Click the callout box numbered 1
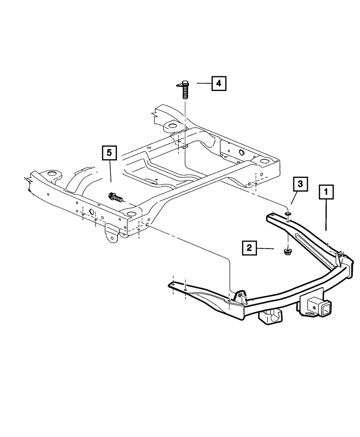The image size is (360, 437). pos(326,192)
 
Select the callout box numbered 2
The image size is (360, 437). pos(249,248)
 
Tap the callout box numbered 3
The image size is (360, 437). pos(300,185)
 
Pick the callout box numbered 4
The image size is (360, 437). pos(219,84)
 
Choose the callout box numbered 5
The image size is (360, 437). pos(109,153)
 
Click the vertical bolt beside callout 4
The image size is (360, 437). pos(184,90)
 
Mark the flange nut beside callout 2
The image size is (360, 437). pos(288,251)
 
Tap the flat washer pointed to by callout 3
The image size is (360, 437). pos(288,215)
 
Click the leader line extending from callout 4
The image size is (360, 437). pos(204,83)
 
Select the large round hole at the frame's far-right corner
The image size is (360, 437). pos(265,161)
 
